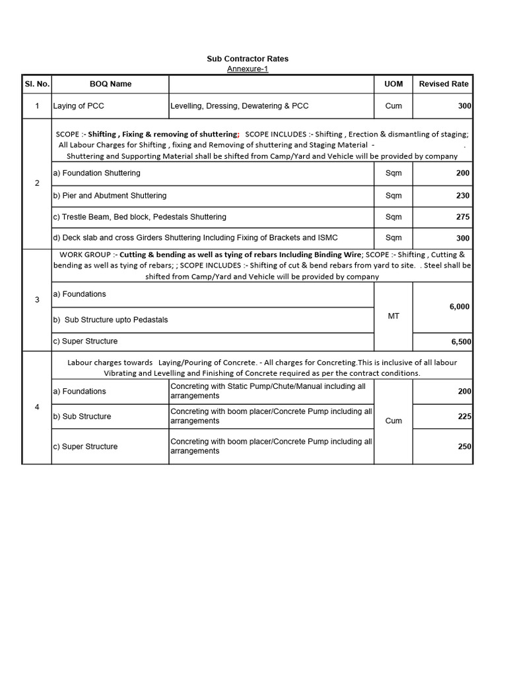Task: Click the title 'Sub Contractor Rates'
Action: (248, 59)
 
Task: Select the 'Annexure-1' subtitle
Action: (248, 69)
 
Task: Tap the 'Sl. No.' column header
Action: (37, 84)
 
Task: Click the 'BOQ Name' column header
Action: (110, 84)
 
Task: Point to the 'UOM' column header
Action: (393, 84)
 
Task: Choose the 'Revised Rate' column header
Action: (444, 84)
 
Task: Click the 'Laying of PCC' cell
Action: (79, 105)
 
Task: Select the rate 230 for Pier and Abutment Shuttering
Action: (463, 196)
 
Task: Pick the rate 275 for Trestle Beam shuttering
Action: (463, 217)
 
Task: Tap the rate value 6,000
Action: (459, 307)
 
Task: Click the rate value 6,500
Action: (460, 342)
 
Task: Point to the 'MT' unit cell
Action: (393, 316)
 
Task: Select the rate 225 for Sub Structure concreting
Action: (464, 417)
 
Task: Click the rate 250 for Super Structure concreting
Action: (464, 446)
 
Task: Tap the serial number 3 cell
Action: (37, 300)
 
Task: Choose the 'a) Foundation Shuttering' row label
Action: (96, 173)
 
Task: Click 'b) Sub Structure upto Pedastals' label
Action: (110, 320)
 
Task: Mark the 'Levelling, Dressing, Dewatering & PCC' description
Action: (239, 105)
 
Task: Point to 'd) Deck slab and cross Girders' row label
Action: (195, 238)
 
